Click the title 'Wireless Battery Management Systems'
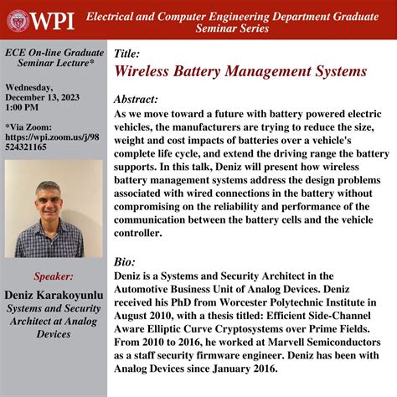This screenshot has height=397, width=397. [x=240, y=72]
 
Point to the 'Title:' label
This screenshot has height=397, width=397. [x=128, y=54]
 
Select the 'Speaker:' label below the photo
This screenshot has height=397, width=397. [x=54, y=276]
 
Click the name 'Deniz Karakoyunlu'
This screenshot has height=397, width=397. [x=53, y=295]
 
